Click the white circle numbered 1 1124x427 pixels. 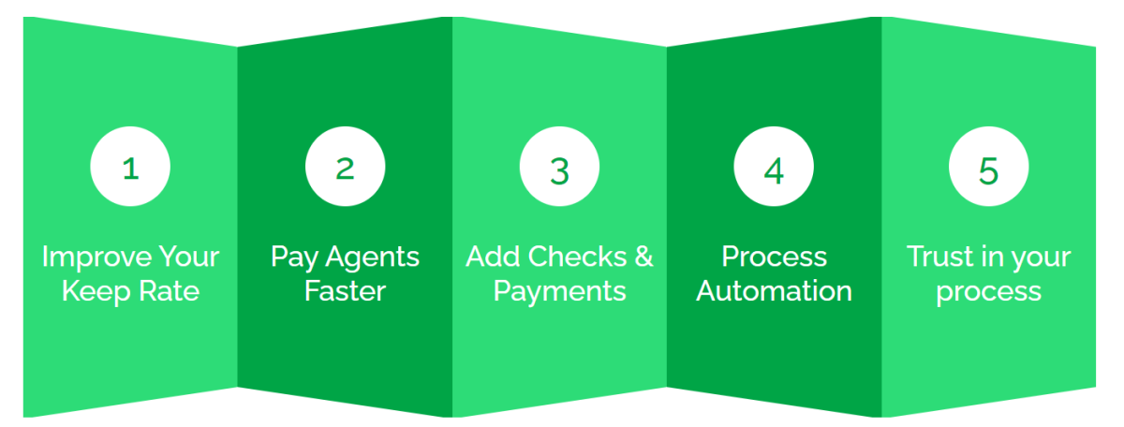click(x=130, y=166)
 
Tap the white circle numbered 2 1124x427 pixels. click(x=346, y=166)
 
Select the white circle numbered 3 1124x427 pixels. click(x=559, y=166)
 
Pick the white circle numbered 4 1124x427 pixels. click(x=774, y=166)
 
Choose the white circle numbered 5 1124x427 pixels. click(x=988, y=166)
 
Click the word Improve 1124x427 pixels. click(x=96, y=258)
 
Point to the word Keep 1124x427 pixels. click(x=96, y=292)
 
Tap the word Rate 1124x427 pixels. click(x=170, y=291)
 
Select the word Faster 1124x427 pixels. click(x=346, y=291)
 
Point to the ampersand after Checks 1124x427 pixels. click(x=643, y=257)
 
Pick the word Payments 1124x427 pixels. click(x=559, y=292)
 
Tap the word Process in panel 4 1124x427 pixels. click(x=775, y=257)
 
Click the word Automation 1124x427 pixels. click(x=775, y=291)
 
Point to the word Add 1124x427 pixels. click(x=494, y=257)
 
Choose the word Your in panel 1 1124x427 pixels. click(x=189, y=257)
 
